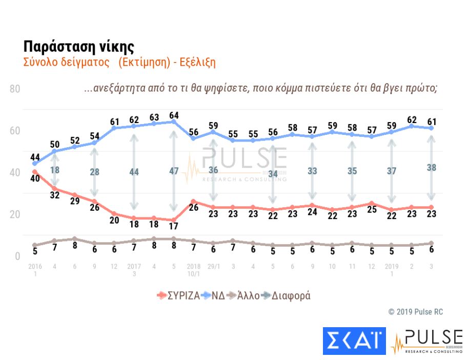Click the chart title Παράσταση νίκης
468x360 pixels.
click(x=78, y=46)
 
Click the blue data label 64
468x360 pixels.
click(x=174, y=115)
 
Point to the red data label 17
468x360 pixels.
click(x=174, y=225)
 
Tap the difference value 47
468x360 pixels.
click(x=174, y=171)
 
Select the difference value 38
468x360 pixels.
click(x=432, y=167)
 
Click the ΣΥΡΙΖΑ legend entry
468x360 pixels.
click(x=178, y=296)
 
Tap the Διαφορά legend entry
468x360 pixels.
click(x=286, y=296)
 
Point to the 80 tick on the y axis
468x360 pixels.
click(x=14, y=89)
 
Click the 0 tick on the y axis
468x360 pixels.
click(x=17, y=256)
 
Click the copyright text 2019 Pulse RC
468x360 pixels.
click(x=415, y=312)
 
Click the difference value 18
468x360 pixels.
click(x=54, y=170)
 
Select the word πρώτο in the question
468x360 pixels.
click(x=422, y=88)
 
